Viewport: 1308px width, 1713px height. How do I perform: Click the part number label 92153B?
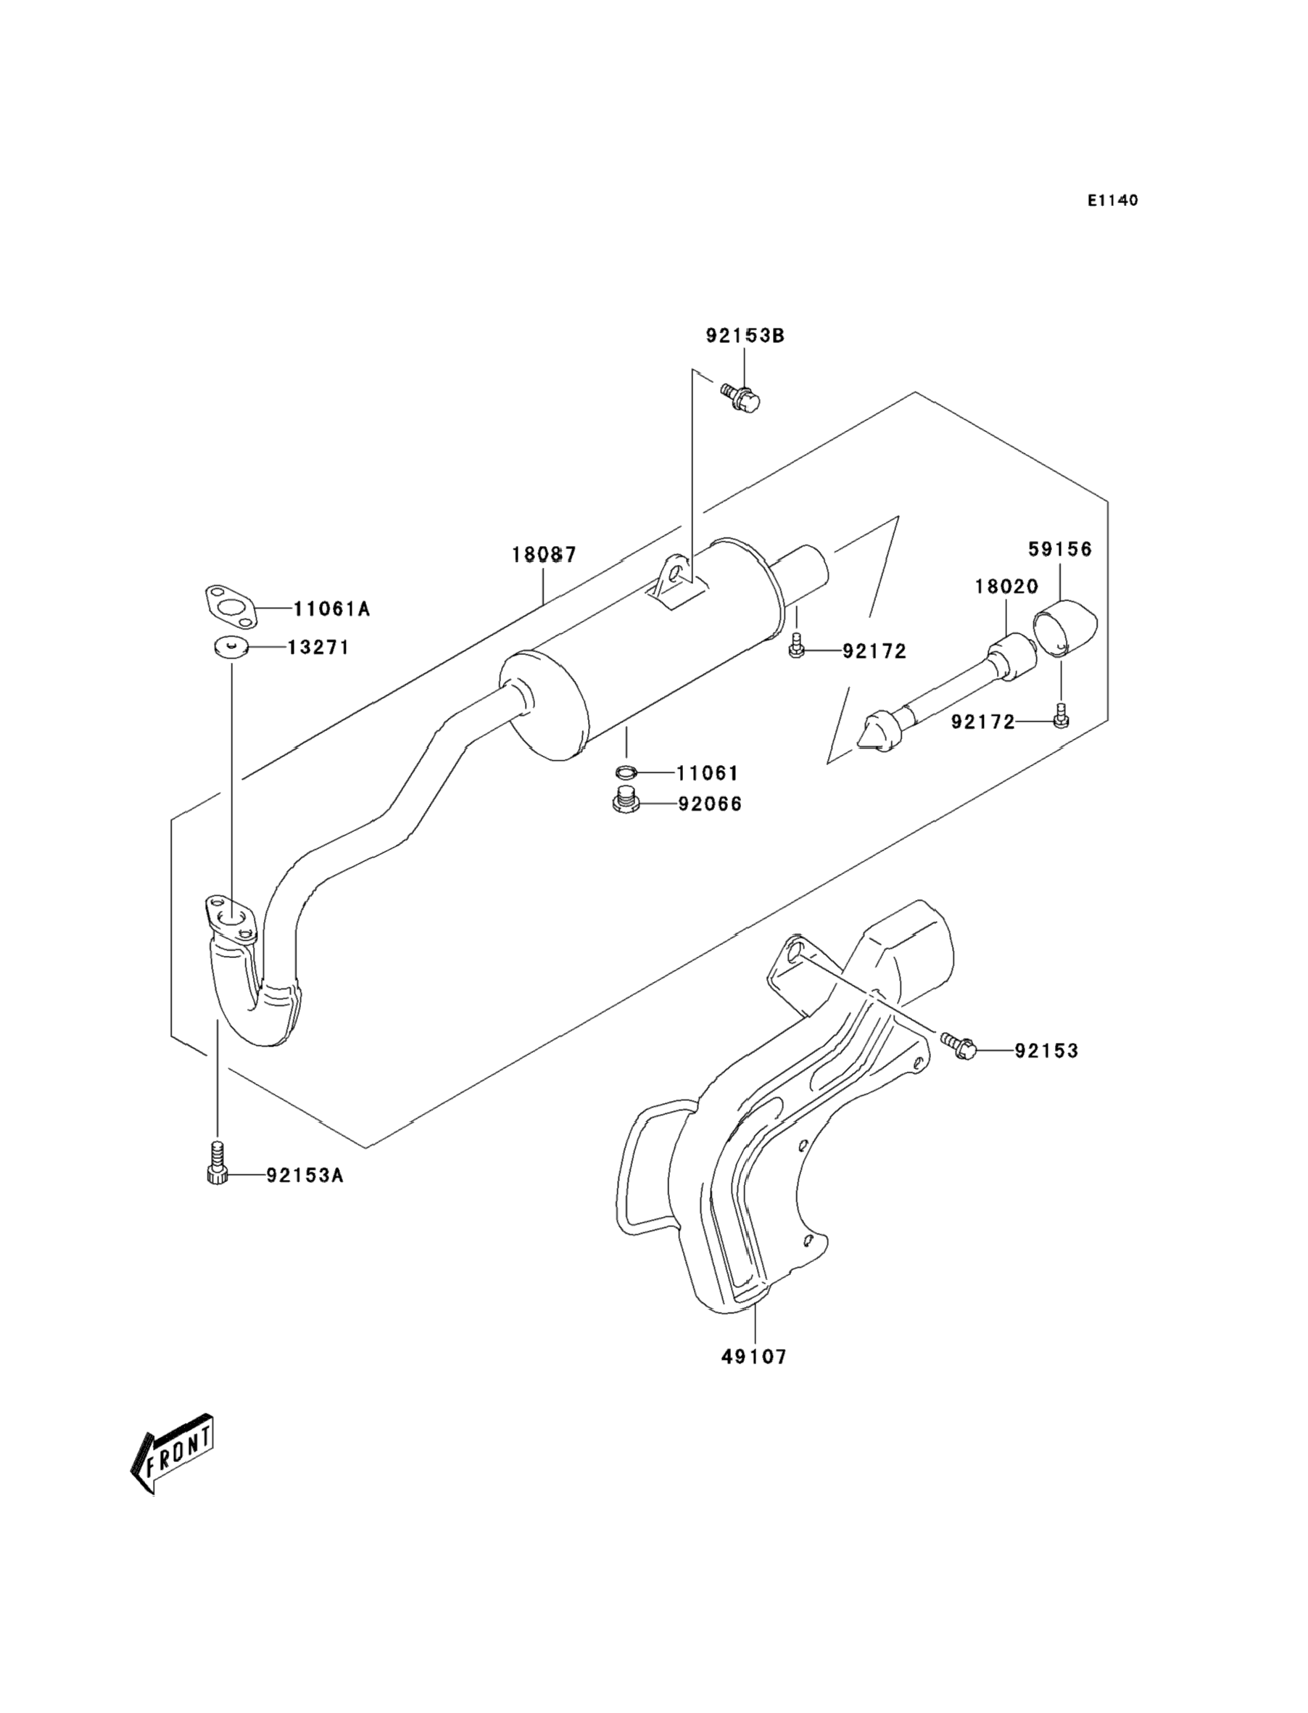point(745,336)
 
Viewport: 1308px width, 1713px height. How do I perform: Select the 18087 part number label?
point(545,556)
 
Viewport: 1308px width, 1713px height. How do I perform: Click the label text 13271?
point(318,648)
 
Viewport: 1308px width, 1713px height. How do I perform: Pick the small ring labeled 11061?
point(625,772)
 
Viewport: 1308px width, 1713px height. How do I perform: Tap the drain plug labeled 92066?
point(625,801)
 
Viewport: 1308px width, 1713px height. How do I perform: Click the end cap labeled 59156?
point(1064,627)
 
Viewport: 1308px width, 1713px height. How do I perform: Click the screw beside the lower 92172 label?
point(1061,717)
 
